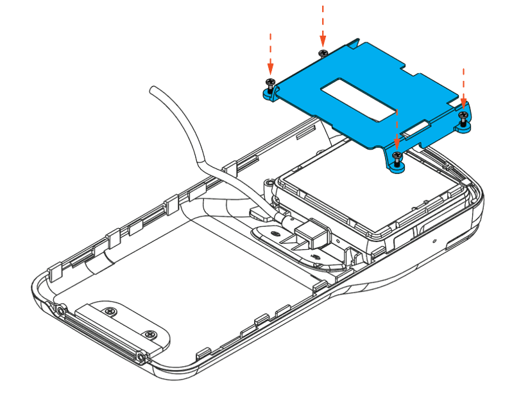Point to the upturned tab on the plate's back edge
pyautogui.click(x=357, y=44)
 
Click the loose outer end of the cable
pyautogui.click(x=153, y=89)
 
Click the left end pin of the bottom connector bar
pyautogui.click(x=60, y=311)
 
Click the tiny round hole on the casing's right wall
pyautogui.click(x=434, y=241)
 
